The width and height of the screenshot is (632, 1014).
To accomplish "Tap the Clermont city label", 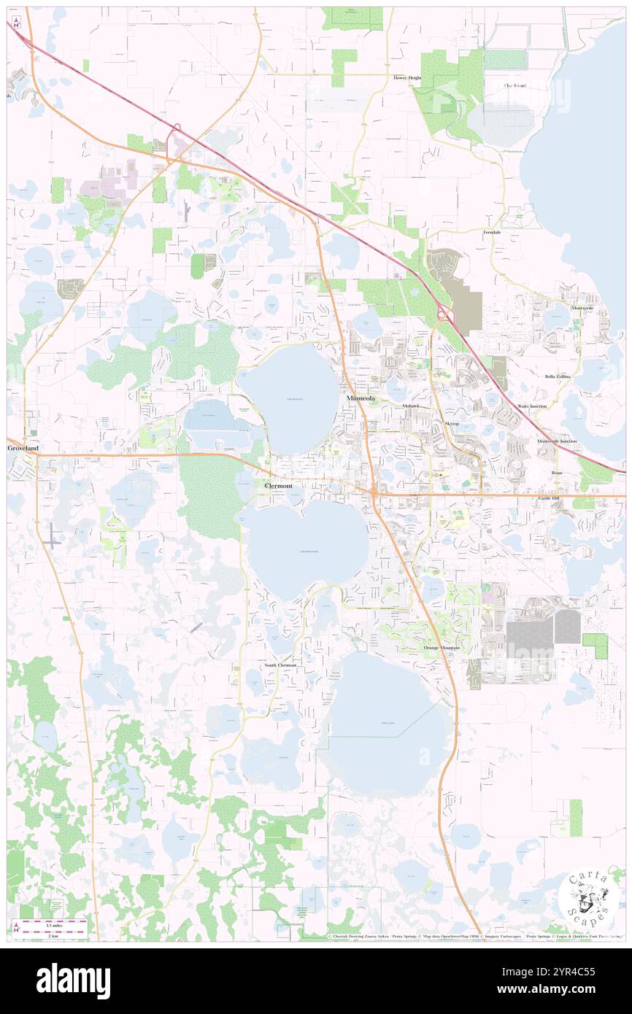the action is point(276,485).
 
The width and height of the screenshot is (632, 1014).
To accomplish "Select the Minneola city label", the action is point(363,399).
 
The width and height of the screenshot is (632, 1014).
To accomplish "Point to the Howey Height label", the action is point(408,77).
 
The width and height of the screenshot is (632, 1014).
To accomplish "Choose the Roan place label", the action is point(557,473).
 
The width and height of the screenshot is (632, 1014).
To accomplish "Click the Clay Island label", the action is point(515,85).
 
